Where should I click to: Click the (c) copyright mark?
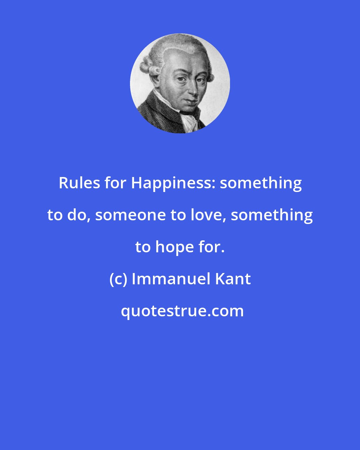(118, 280)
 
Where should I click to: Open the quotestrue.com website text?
(182, 311)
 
